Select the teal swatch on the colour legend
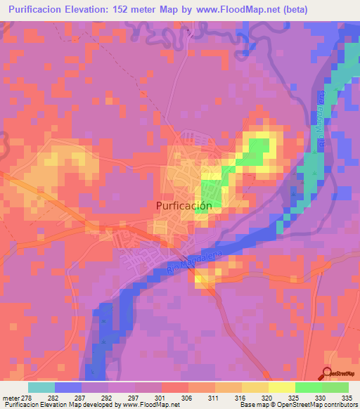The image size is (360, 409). tap(41, 387)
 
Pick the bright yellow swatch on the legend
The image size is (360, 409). tap(282, 387)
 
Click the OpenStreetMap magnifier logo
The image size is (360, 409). tap(326, 375)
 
